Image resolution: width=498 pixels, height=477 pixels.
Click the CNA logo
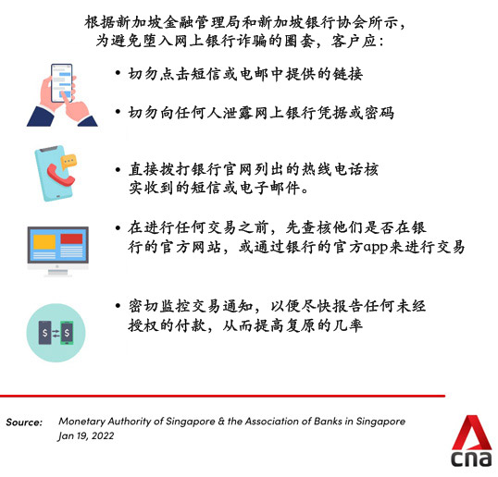[471, 441]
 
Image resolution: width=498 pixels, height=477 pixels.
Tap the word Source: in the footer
[24, 422]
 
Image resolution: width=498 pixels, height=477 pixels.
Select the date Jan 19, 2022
[86, 435]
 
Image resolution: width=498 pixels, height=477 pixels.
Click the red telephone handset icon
[60, 175]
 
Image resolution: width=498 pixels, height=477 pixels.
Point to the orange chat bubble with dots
[68, 162]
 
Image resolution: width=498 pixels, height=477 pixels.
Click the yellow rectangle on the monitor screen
[44, 242]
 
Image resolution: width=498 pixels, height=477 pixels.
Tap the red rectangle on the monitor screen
[71, 238]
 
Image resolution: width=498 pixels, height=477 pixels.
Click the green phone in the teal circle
[67, 333]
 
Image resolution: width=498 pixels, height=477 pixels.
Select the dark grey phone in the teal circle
[44, 333]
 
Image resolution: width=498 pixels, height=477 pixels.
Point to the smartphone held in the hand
[62, 83]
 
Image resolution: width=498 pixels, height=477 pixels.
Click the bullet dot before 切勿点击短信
[118, 73]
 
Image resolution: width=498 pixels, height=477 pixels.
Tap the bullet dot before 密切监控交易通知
[118, 305]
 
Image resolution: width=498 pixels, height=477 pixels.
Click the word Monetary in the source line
[82, 422]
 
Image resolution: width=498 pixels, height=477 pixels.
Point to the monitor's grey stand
[57, 272]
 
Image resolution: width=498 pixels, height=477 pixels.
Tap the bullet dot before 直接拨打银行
[118, 170]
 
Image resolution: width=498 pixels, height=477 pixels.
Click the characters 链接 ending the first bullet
[347, 74]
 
